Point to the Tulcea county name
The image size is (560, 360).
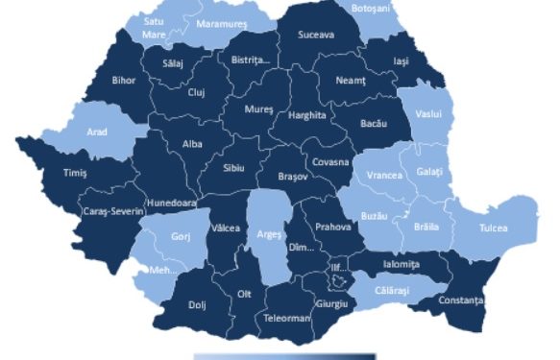[x=490, y=229]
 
